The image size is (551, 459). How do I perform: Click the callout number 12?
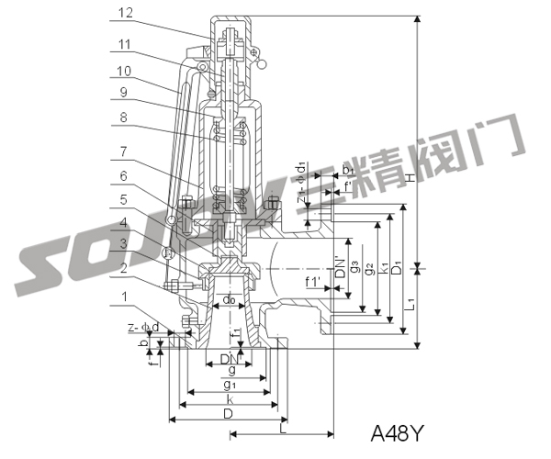coord(126,13)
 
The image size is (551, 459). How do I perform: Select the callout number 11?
coord(126,42)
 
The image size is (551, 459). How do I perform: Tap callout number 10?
coord(126,71)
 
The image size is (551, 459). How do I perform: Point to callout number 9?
coord(126,92)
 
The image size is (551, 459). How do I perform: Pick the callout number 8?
coord(126,117)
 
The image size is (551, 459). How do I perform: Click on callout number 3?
coord(126,245)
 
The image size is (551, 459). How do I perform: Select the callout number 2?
coord(126,268)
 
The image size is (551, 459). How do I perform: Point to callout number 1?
coord(126,297)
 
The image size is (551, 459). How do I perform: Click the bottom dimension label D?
coord(228,414)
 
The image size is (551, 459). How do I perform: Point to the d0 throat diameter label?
coord(230,299)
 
